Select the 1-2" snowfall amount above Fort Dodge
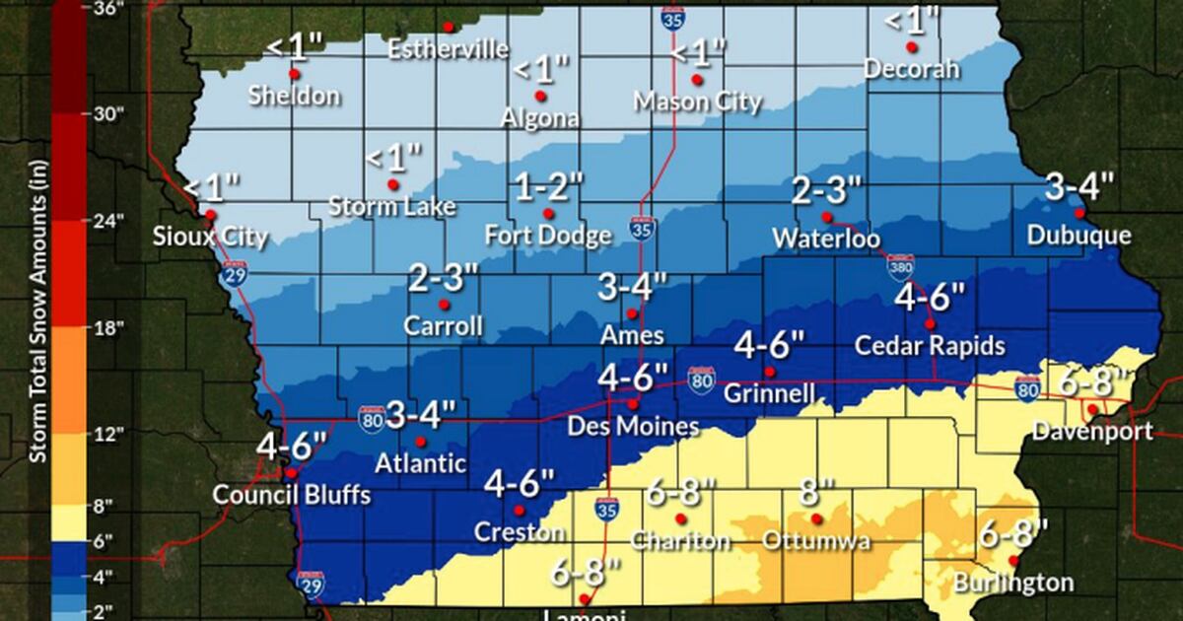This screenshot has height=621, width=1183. coord(549,187)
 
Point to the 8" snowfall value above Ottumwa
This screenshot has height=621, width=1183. coord(816,491)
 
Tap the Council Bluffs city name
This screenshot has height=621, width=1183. coord(292,495)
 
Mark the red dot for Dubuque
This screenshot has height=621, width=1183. coord(1079,213)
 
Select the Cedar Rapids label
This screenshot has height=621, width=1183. coord(930,346)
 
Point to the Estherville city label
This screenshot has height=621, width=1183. coord(449,49)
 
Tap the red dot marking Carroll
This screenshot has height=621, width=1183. coord(444,304)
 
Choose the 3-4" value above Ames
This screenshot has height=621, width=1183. coord(632,289)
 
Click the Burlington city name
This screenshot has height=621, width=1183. coord(1012,583)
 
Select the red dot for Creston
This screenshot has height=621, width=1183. coord(520,510)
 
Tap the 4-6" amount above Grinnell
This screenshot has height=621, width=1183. coord(770,346)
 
